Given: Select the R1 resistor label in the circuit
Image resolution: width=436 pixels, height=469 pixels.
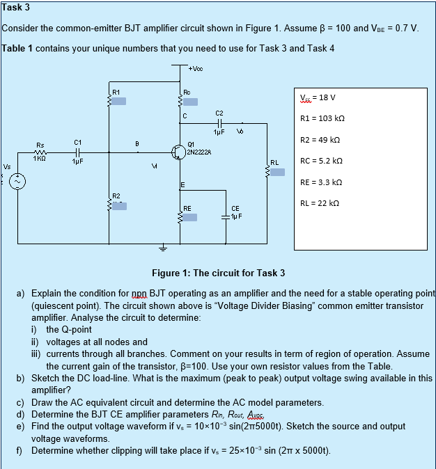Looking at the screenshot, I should (x=116, y=92).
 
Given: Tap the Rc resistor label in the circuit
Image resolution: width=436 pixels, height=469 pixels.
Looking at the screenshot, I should (x=187, y=92).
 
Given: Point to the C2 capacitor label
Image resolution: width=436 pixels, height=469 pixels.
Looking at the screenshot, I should (x=219, y=113).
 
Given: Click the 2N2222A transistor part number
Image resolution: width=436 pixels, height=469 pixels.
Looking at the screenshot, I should (x=199, y=151).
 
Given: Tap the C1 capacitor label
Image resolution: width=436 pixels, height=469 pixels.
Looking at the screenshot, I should (x=78, y=142).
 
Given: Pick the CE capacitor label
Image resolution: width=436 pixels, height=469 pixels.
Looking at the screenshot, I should (x=235, y=207).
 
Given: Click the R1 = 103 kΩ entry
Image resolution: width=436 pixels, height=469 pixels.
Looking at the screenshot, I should (x=322, y=119).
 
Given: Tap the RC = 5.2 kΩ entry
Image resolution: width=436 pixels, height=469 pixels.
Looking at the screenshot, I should (x=322, y=161).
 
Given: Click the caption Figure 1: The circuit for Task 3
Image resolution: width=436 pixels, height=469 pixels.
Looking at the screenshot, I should (x=218, y=273).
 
